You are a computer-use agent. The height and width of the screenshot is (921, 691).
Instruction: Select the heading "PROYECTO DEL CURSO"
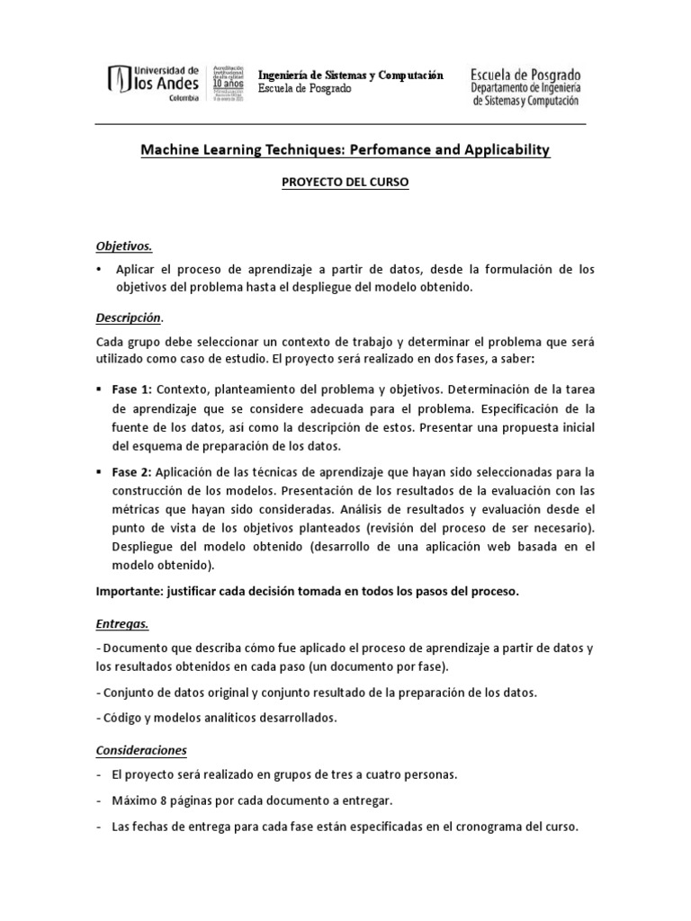tap(345, 182)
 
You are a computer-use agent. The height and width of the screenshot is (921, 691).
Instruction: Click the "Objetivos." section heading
tap(124, 245)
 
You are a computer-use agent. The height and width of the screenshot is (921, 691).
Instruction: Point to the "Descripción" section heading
tap(129, 317)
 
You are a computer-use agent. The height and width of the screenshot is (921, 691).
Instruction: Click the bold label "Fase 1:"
tap(133, 389)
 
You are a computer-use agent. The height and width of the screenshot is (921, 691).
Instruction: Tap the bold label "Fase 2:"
tap(133, 471)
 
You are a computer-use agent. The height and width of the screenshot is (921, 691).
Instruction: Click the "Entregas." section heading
tap(123, 622)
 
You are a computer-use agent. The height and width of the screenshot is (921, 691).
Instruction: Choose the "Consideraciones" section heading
tap(141, 748)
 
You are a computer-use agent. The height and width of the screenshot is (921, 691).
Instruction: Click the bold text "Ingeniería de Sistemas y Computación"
tap(351, 76)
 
